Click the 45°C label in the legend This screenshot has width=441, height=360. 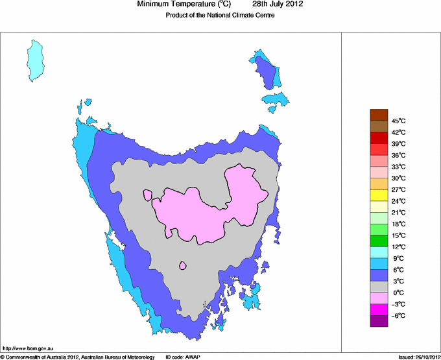point(398,121)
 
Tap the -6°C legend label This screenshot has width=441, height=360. point(398,315)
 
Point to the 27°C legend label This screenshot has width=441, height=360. point(398,189)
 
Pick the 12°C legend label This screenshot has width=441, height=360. point(398,246)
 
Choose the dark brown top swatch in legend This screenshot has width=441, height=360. point(379,115)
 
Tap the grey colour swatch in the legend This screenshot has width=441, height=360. point(379,287)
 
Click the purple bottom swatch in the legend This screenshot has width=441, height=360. point(379,321)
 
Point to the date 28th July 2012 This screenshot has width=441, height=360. point(272,5)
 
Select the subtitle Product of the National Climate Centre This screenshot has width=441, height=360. point(220,16)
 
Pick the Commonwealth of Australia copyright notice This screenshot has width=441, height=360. point(78,357)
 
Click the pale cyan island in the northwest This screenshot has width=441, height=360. point(36,60)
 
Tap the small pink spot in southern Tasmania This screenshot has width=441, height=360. point(183,265)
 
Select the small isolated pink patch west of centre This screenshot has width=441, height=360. point(148,195)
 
